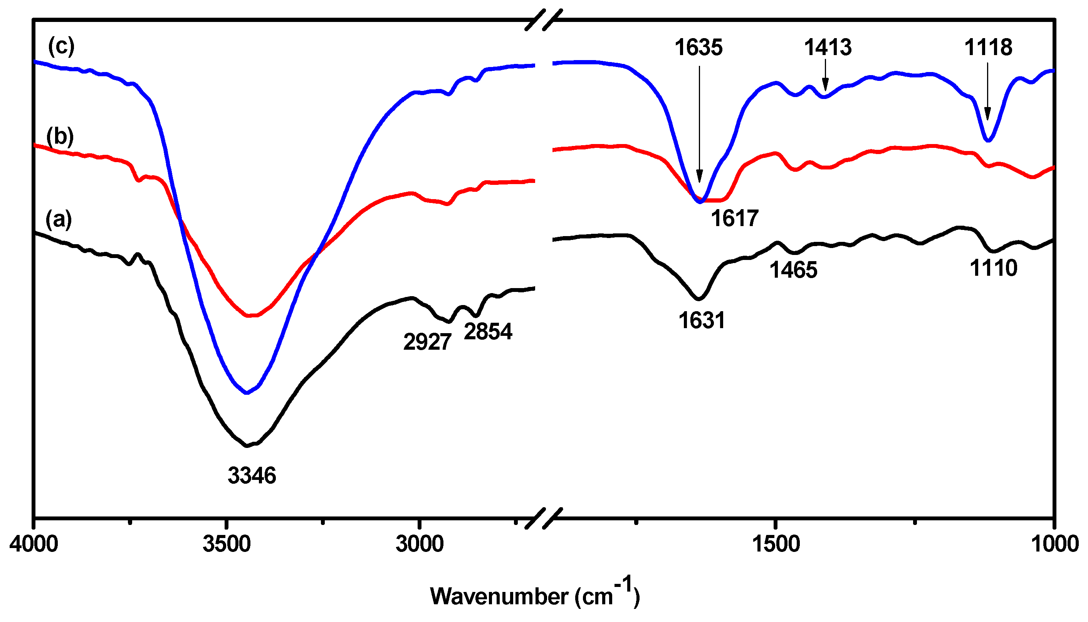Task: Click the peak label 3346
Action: (252, 476)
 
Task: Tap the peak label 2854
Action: (488, 332)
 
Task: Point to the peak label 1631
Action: (702, 320)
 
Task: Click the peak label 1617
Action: (735, 218)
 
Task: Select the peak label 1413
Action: (828, 47)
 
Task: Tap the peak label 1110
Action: (993, 268)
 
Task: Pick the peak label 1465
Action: (793, 270)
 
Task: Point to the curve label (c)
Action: (61, 46)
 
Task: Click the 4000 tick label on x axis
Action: (34, 544)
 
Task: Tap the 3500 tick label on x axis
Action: (227, 544)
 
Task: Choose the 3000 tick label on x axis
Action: (420, 544)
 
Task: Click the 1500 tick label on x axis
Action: (776, 544)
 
